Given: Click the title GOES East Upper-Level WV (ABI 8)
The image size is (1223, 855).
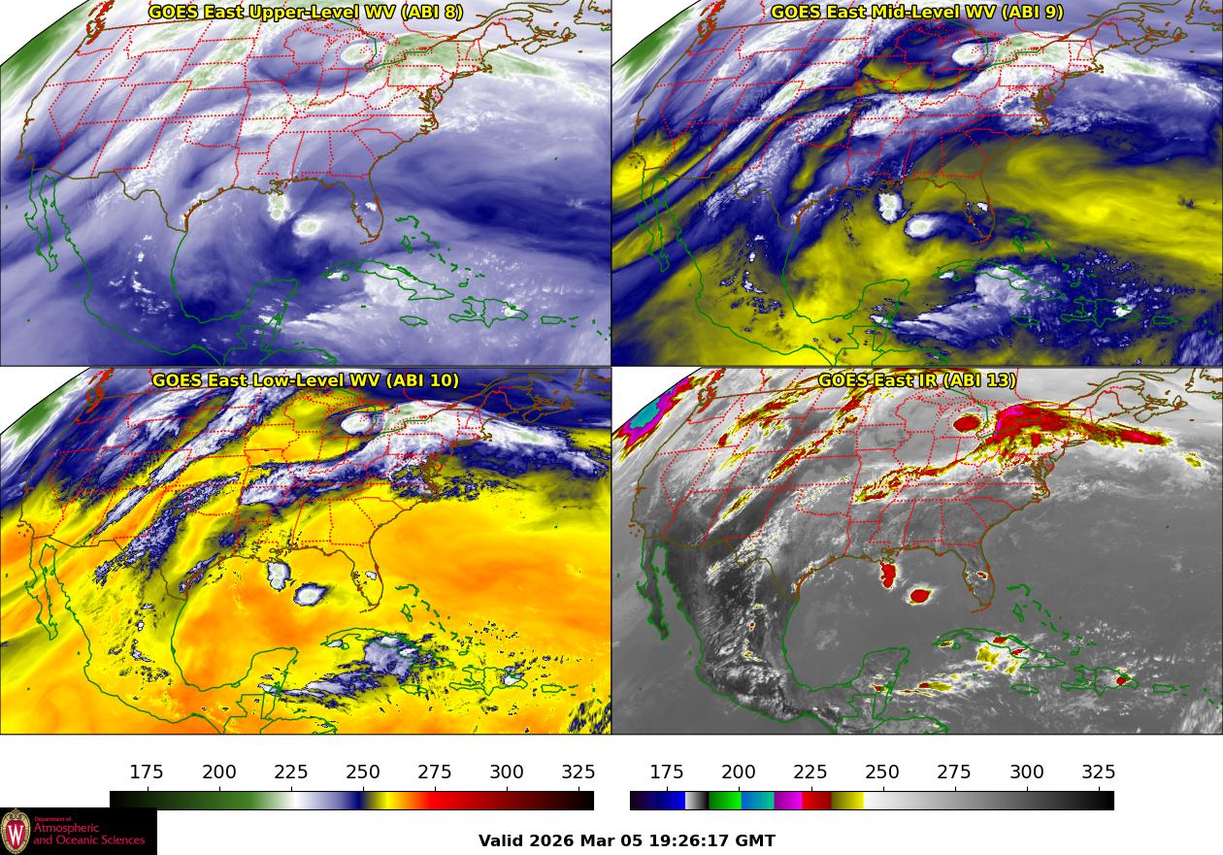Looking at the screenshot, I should click(x=305, y=13).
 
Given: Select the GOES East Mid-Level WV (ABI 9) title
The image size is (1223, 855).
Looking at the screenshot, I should click(x=916, y=13).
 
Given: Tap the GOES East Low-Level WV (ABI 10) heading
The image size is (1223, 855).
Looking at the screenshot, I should click(x=305, y=380).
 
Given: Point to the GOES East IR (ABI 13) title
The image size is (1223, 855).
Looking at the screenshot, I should click(x=916, y=380).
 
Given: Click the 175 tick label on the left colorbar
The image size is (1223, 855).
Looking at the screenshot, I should click(x=147, y=773).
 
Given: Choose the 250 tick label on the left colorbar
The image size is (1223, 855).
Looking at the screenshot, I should click(x=363, y=773).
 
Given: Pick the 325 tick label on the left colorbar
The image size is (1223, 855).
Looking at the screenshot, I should click(x=578, y=773).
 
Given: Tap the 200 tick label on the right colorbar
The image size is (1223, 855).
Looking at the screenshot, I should click(x=739, y=773).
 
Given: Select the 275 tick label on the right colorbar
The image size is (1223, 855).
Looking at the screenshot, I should click(x=954, y=773).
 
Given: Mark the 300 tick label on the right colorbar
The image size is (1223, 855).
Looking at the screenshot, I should click(x=1027, y=773).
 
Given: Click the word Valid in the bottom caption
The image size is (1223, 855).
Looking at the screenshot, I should click(x=502, y=841).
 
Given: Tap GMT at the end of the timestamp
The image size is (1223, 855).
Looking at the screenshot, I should click(x=757, y=841).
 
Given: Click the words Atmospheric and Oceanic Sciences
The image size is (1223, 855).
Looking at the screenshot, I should click(x=89, y=834).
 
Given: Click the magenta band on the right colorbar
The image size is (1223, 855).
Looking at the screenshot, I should click(x=787, y=801).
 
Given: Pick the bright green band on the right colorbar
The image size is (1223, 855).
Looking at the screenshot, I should click(x=724, y=801).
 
